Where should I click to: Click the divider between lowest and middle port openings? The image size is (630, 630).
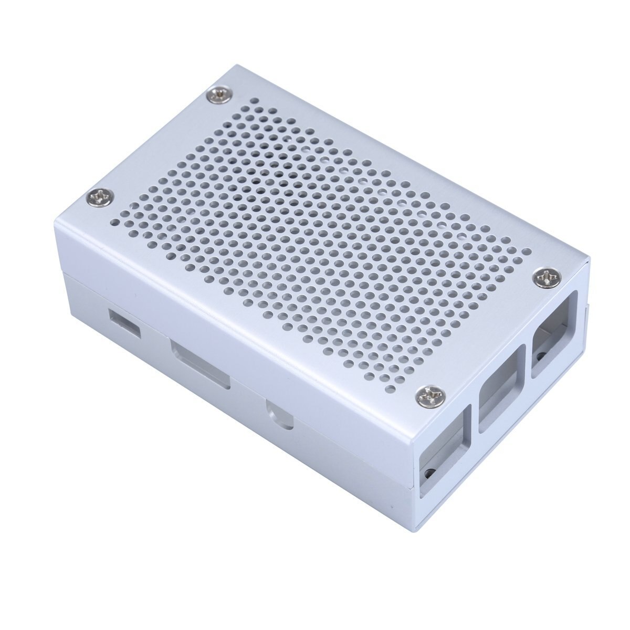[x=471, y=420]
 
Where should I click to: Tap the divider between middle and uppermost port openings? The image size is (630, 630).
[x=528, y=367]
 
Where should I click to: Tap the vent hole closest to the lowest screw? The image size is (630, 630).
[x=404, y=387]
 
